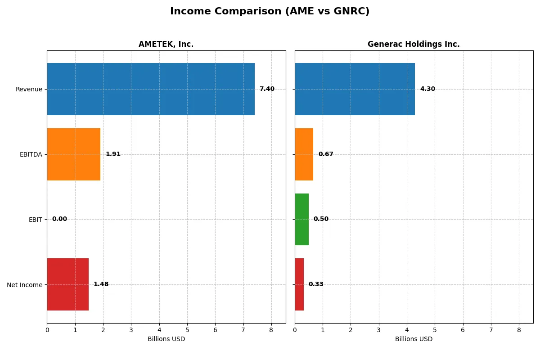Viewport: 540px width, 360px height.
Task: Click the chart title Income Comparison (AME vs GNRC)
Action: [x=270, y=12]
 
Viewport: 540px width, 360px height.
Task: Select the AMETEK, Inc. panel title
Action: [x=166, y=45]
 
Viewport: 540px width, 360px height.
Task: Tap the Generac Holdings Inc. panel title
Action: [x=414, y=45]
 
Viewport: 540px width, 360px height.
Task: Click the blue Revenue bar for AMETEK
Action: [x=151, y=89]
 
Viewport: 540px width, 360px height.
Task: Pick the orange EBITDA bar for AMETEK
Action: [x=73, y=154]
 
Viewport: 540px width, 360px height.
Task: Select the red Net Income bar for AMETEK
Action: [x=67, y=284]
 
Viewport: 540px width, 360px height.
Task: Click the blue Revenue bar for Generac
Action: [x=355, y=89]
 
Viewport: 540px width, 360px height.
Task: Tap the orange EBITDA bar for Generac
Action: [x=304, y=154]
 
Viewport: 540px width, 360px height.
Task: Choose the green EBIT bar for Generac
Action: [x=301, y=220]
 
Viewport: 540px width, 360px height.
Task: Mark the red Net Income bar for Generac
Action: [x=299, y=284]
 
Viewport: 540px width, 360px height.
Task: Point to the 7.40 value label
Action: [x=267, y=89]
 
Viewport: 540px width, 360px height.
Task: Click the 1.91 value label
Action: [x=113, y=154]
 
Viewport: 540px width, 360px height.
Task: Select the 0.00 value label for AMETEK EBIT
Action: [x=59, y=219]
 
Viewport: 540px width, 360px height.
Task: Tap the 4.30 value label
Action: [x=427, y=89]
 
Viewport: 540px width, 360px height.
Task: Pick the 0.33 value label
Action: [x=316, y=284]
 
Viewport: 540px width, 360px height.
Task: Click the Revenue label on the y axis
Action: [x=29, y=90]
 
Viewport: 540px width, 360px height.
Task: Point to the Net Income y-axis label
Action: [x=24, y=285]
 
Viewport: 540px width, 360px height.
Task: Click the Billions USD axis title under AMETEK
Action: [x=166, y=339]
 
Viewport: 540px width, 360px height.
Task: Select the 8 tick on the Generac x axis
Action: [x=519, y=330]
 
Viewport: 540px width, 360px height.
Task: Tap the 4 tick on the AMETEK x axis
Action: [x=159, y=330]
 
